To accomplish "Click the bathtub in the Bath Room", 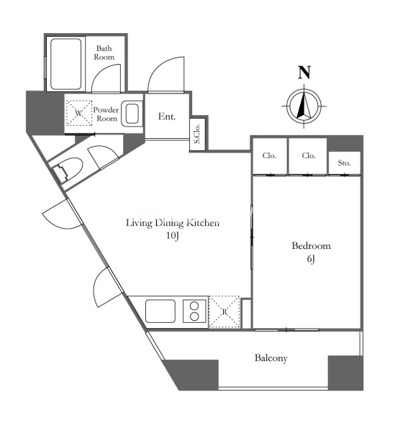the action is tap(66, 64).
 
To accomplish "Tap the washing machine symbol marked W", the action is tap(79, 113).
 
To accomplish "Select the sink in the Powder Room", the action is tap(132, 113).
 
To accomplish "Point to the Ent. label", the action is tap(167, 117).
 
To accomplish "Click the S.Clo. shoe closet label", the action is tap(197, 134).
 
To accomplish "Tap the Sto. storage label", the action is tap(344, 163).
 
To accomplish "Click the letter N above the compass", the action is tap(304, 73).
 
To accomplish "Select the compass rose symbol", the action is tap(304, 106).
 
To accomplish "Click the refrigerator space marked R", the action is tap(224, 311).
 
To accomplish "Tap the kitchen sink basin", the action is tap(160, 311).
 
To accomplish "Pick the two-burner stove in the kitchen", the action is tap(194, 311).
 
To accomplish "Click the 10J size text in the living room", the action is tap(173, 235).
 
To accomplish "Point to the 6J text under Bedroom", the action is tap(311, 258).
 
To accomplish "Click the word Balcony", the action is tap(271, 358).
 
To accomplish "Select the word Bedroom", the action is tap(312, 246).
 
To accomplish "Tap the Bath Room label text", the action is tap(104, 53).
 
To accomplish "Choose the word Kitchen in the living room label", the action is tap(203, 223).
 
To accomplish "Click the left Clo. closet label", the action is tap(269, 155).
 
